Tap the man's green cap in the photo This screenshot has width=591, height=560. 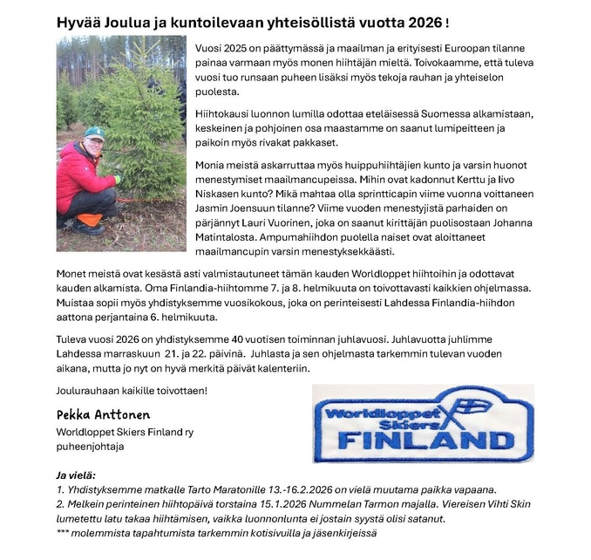93,133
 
